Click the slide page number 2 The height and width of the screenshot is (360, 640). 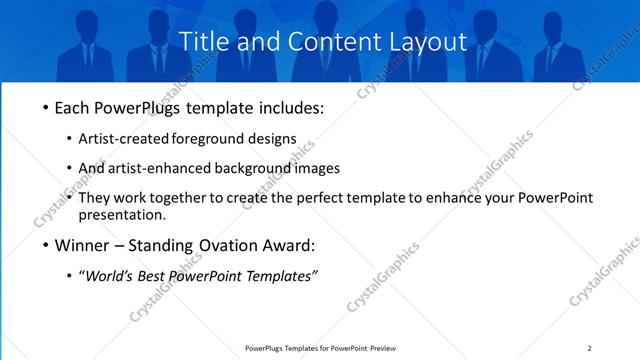pyautogui.click(x=589, y=348)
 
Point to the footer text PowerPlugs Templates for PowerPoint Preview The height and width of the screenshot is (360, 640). pyautogui.click(x=320, y=348)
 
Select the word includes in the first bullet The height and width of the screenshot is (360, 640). pyautogui.click(x=290, y=108)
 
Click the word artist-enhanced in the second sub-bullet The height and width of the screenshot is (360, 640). pyautogui.click(x=187, y=168)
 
